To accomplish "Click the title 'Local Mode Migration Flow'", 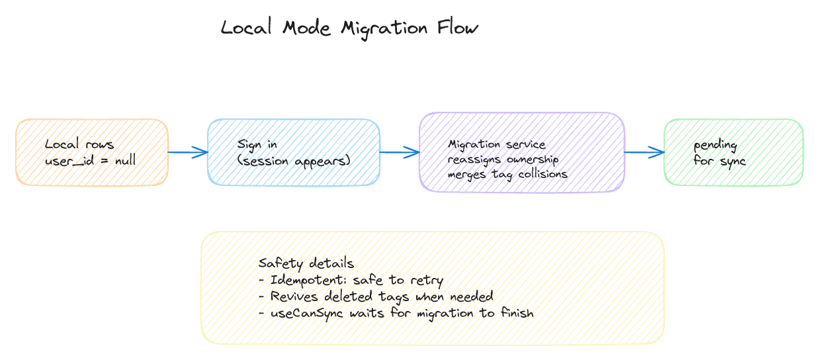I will tap(349, 28).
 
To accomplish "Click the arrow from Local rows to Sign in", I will tap(188, 153).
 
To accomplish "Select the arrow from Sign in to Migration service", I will tap(400, 152).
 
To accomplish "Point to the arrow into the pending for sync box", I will tap(644, 152).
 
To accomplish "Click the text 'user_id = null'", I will tap(90, 161).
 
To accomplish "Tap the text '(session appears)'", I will tap(294, 161).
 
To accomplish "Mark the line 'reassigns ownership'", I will tap(503, 159).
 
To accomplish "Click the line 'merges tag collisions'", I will tap(507, 174).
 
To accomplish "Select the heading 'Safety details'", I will tap(306, 263).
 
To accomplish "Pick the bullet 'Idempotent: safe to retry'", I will tap(351, 280).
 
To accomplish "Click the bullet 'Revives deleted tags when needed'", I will tap(376, 296).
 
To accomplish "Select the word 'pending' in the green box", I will tap(715, 146).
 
